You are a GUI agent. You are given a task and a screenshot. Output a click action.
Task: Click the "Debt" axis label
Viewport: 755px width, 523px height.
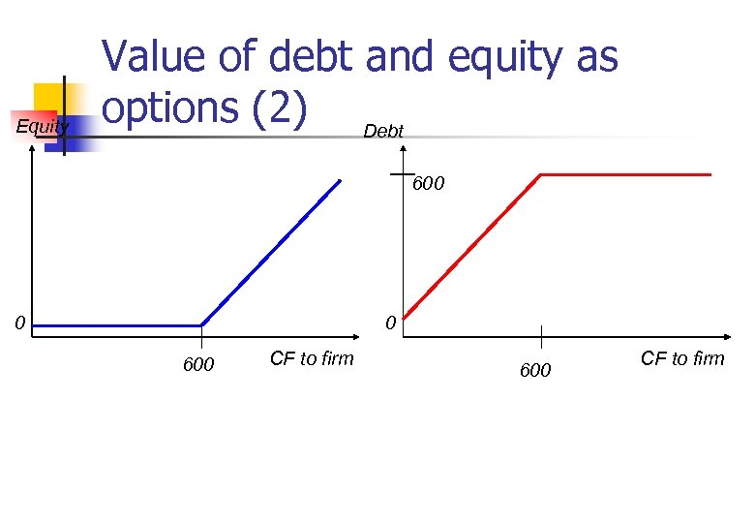point(383,131)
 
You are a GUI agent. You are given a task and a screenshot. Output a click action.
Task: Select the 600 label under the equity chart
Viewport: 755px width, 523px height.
point(198,365)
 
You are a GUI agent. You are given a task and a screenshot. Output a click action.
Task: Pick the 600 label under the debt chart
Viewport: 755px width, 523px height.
point(535,370)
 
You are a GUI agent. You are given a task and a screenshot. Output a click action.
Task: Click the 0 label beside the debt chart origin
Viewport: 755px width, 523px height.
point(389,323)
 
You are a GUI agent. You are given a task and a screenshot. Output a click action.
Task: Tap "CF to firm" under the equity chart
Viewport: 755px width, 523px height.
point(312,359)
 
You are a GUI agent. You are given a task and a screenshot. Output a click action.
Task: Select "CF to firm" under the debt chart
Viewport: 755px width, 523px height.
point(681,359)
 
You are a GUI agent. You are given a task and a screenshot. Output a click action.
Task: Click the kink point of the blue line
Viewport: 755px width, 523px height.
point(201,325)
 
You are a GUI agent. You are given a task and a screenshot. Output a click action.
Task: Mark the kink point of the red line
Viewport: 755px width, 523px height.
point(540,174)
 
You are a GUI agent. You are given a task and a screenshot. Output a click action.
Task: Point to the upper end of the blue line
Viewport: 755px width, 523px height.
point(340,180)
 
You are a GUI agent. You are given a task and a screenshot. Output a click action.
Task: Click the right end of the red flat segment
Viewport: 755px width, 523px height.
point(710,174)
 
